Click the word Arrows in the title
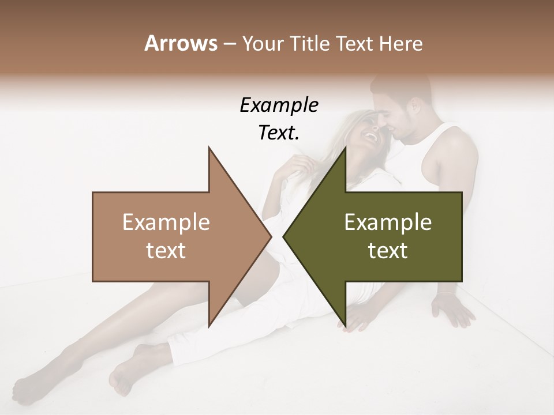pyautogui.click(x=181, y=43)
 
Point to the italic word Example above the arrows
pyautogui.click(x=279, y=105)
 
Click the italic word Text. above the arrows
pyautogui.click(x=279, y=133)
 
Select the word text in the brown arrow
pyautogui.click(x=166, y=251)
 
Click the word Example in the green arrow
pyautogui.click(x=388, y=222)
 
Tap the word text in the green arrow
pyautogui.click(x=388, y=251)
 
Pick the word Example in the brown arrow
pyautogui.click(x=166, y=222)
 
